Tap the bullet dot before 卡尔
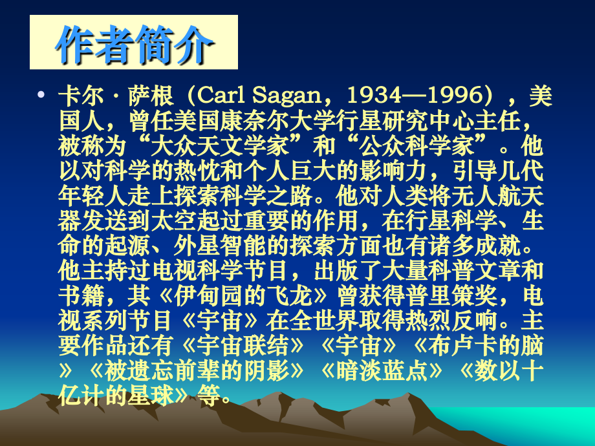pos(41,96)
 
